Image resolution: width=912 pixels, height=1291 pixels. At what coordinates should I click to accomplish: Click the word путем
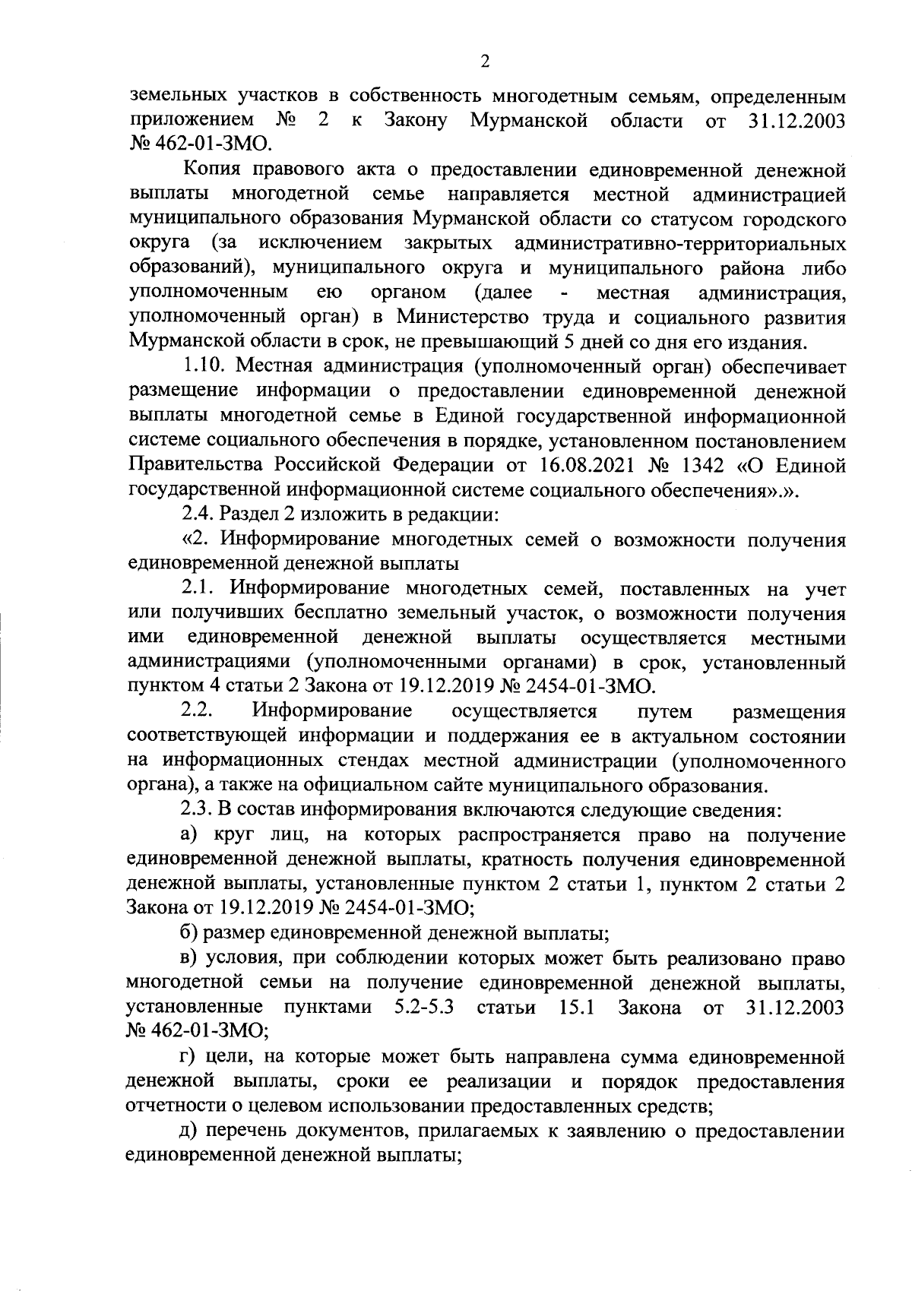click(x=667, y=711)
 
